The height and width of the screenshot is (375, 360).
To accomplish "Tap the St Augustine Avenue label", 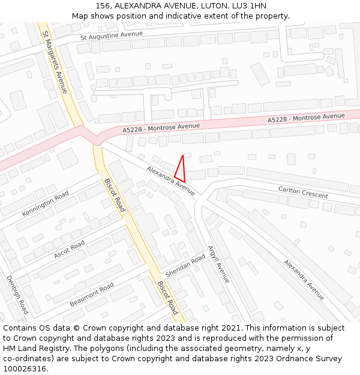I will [112, 36].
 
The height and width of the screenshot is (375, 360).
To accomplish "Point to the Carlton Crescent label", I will [303, 192].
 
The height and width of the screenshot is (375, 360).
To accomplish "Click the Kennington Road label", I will [46, 204].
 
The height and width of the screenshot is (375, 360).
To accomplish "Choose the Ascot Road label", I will [69, 249].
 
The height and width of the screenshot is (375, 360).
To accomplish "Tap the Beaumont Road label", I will [92, 295].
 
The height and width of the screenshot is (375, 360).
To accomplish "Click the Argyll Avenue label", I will [218, 264].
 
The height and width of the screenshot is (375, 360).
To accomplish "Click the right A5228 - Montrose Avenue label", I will [306, 118].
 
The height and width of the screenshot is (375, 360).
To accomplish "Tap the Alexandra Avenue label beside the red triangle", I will [171, 181].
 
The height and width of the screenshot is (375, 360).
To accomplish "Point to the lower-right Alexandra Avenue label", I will [304, 280].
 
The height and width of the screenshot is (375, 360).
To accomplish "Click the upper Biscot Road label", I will [115, 195].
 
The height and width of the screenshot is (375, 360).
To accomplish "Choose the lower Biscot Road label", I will [167, 298].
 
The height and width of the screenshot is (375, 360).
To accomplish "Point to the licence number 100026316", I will [23, 368].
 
